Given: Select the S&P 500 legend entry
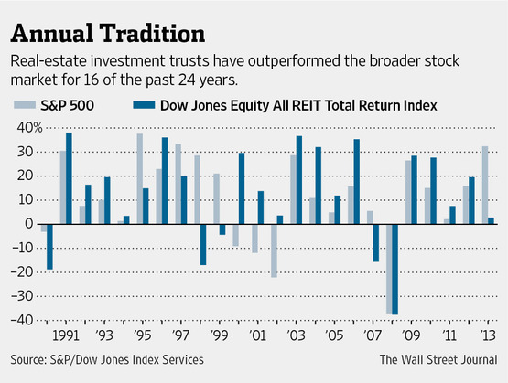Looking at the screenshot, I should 56,105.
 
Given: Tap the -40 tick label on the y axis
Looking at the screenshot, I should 21,319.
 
